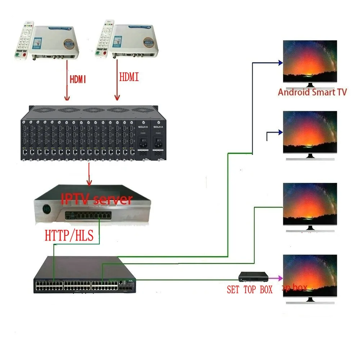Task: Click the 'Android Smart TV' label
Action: tap(312, 92)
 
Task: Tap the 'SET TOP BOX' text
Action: tap(249, 289)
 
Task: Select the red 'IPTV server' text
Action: tap(96, 199)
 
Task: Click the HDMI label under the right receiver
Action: tap(129, 77)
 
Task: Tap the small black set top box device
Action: tap(254, 277)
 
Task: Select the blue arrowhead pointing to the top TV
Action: tap(280, 63)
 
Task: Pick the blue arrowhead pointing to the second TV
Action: tap(280, 133)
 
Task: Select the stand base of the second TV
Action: tap(310, 159)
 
